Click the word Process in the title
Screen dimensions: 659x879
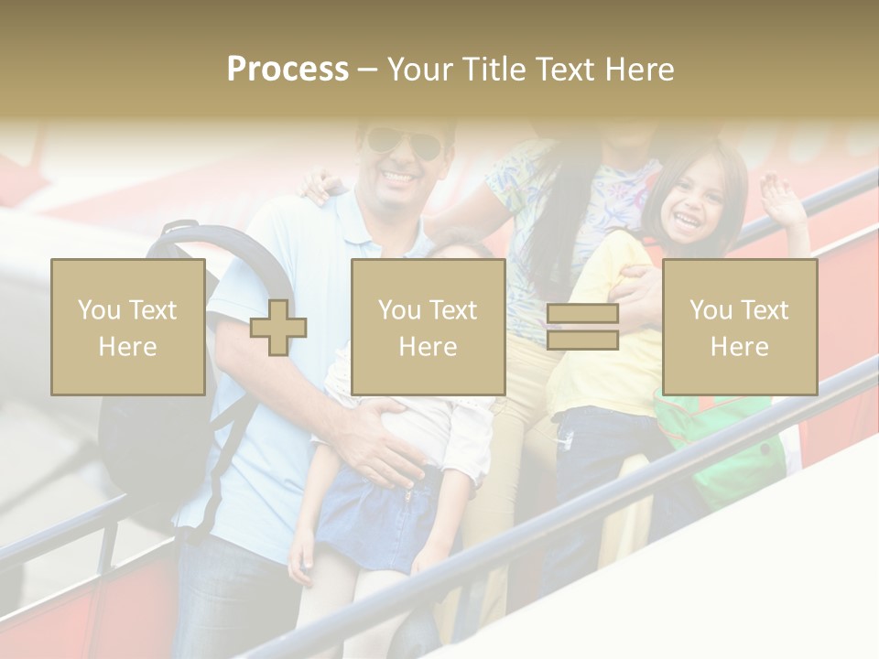[x=288, y=70]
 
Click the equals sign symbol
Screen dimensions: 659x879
[x=582, y=328]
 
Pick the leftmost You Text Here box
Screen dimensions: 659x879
[x=127, y=327]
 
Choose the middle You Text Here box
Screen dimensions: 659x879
[x=428, y=327]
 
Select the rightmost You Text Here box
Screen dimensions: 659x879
[x=739, y=327]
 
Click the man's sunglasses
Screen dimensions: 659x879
[x=403, y=144]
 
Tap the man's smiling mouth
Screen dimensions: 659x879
[x=401, y=175]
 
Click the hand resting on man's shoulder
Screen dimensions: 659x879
[x=320, y=186]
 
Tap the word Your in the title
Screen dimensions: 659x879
[x=423, y=70]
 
